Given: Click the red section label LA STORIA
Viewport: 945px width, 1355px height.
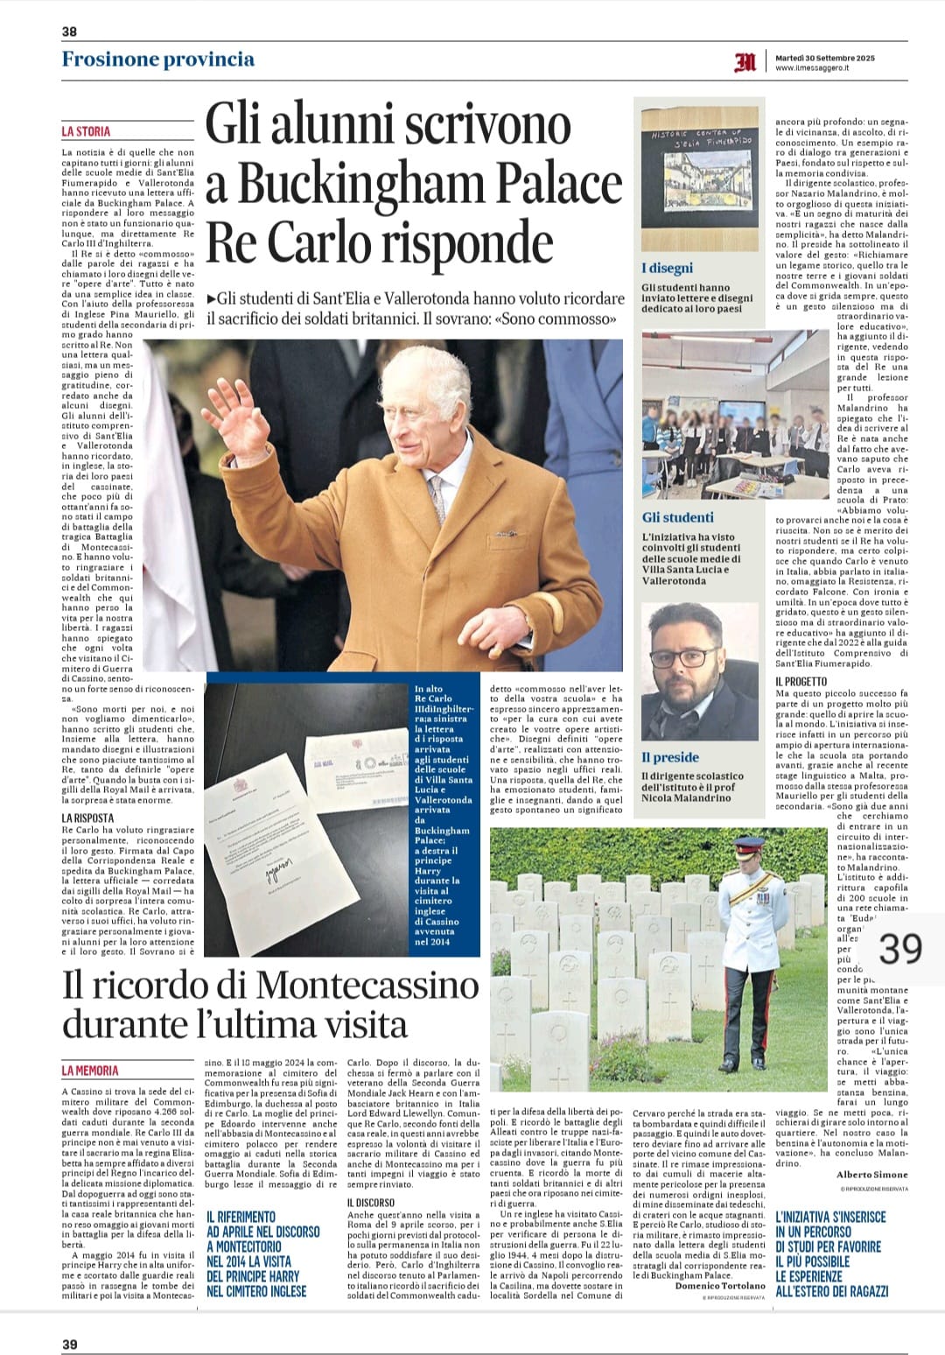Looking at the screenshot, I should click(86, 131).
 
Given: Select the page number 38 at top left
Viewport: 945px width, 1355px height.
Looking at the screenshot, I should click(69, 32).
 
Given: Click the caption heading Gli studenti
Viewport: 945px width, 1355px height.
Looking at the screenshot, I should click(677, 517).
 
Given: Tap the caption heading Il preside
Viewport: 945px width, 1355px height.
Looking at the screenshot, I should click(669, 757).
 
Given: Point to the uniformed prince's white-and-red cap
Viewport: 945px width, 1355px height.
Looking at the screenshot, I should click(747, 847).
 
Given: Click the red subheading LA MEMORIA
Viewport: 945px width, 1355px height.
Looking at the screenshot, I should click(90, 1070).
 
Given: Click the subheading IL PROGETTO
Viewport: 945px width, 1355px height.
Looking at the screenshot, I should click(801, 680).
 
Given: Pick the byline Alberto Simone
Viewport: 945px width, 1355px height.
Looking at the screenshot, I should click(871, 1174).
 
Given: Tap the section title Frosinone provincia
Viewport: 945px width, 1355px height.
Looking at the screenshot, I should click(158, 60).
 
